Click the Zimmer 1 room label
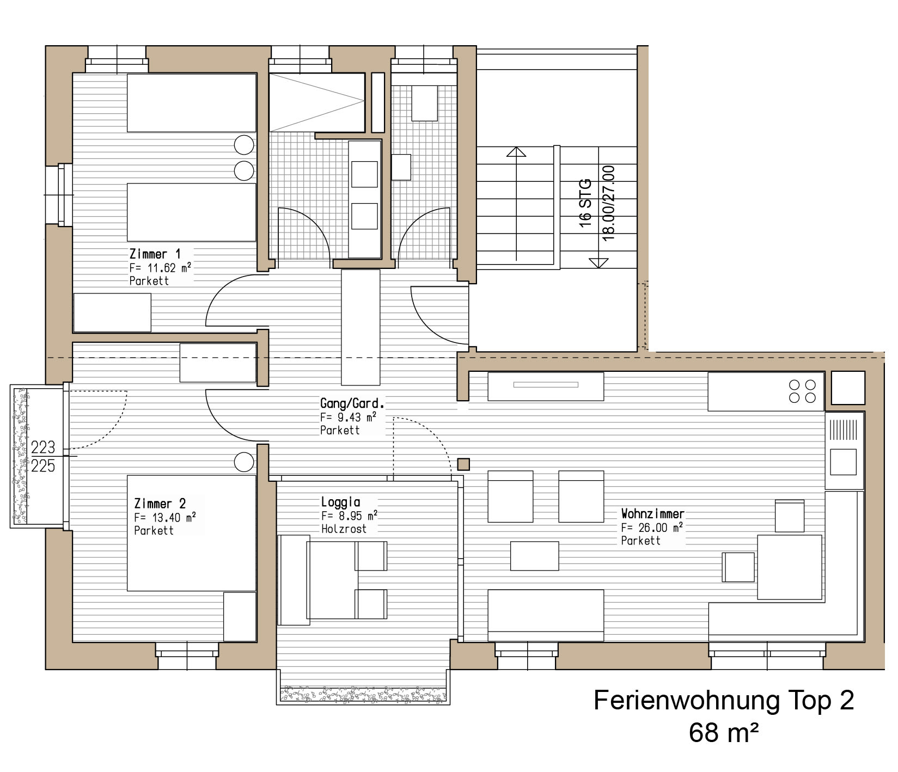point(155,254)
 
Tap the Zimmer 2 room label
point(160,504)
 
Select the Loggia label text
point(340,502)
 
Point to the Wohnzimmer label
point(652,513)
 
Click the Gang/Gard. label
point(352,403)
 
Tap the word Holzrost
point(344,529)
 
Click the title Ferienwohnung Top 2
point(724,700)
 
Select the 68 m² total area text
point(724,733)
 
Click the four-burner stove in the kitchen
point(802,391)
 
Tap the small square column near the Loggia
point(463,464)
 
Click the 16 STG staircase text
point(585,203)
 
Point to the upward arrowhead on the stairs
point(516,151)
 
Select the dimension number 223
point(43,447)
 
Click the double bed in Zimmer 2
point(192,533)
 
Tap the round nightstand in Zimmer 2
point(244,462)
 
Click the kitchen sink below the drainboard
point(842,462)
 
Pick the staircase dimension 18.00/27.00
point(609,203)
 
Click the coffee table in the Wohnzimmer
point(534,556)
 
